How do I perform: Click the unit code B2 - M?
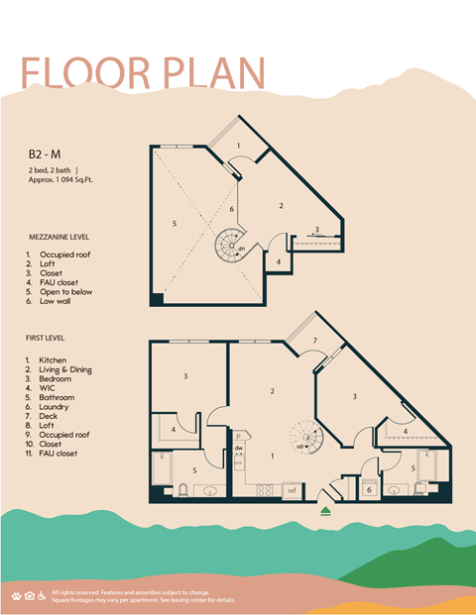click(46, 155)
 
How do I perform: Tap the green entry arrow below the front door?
click(325, 511)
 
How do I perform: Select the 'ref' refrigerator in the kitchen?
click(292, 489)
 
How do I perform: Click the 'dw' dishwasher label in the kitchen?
click(239, 449)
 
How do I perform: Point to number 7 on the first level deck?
click(314, 342)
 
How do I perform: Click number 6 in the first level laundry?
click(368, 489)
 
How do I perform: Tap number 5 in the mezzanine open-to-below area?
click(175, 224)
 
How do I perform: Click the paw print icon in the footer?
click(17, 595)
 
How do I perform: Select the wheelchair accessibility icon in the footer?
click(41, 595)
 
